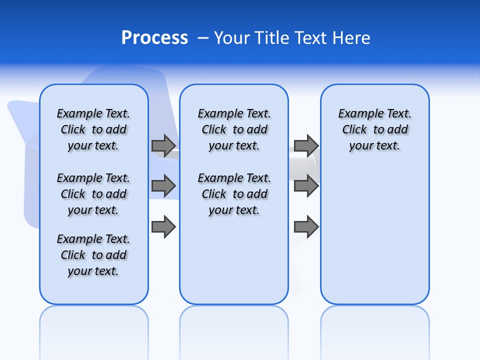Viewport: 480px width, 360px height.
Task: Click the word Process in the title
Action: [154, 38]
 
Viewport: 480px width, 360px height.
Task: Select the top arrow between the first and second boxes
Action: [163, 145]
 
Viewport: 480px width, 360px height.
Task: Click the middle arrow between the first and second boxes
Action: [163, 186]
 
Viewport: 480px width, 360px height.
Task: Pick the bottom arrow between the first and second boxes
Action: [163, 227]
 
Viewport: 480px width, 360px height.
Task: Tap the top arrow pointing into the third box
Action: [306, 145]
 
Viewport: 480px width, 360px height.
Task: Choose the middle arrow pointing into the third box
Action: [306, 186]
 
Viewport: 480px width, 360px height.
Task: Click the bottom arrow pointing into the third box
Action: [306, 227]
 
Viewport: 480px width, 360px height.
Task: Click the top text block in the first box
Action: [93, 129]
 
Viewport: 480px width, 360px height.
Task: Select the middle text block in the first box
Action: [93, 194]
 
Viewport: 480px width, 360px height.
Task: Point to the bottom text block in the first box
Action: [93, 255]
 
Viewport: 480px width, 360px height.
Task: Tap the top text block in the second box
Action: [234, 129]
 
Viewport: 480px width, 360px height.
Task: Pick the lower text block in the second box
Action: [234, 194]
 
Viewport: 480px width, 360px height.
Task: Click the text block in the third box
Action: [375, 129]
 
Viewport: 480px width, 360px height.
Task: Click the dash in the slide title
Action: [203, 38]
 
